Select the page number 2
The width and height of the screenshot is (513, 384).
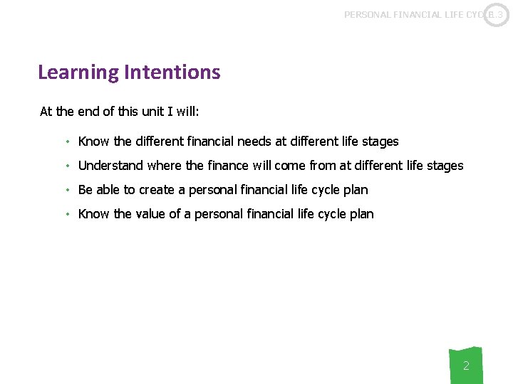[x=466, y=366]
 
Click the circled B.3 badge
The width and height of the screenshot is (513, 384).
[x=496, y=15]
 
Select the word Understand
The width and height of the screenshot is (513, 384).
[x=110, y=166]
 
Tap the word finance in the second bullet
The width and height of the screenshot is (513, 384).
[x=229, y=166]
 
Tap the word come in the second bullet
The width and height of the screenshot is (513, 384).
[x=290, y=166]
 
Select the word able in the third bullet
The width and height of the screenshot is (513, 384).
[x=108, y=190]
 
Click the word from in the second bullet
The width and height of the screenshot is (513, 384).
[x=323, y=166]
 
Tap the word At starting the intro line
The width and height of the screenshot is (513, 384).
[x=46, y=112]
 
